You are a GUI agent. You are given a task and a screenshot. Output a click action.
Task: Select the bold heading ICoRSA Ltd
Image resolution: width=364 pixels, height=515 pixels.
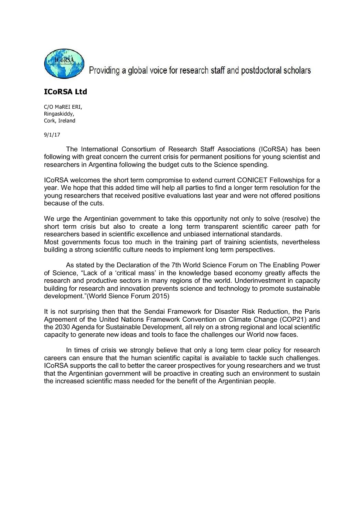tap(65, 92)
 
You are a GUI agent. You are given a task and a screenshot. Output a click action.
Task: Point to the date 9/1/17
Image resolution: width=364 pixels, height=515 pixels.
tap(52, 135)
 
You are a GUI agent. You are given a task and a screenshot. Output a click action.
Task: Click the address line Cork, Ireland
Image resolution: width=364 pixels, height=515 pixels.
tap(60, 121)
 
